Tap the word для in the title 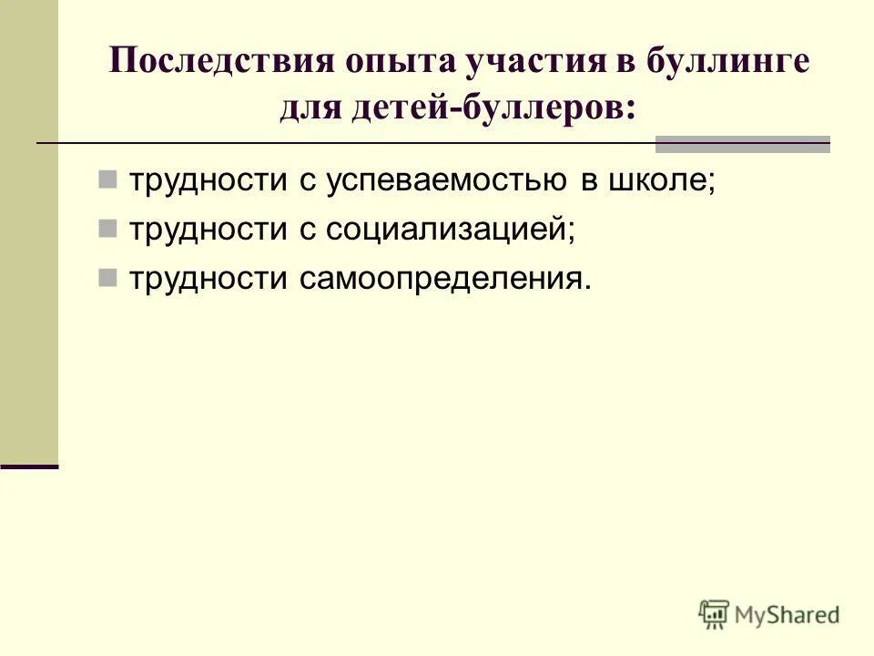pos(309,108)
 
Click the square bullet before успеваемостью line pos(107,178)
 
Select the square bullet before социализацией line pos(107,227)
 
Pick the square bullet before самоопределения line pos(107,276)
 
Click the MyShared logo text pos(788,615)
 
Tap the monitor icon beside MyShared pos(715,614)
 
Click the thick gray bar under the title pos(743,143)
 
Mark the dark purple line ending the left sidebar pos(29,466)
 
